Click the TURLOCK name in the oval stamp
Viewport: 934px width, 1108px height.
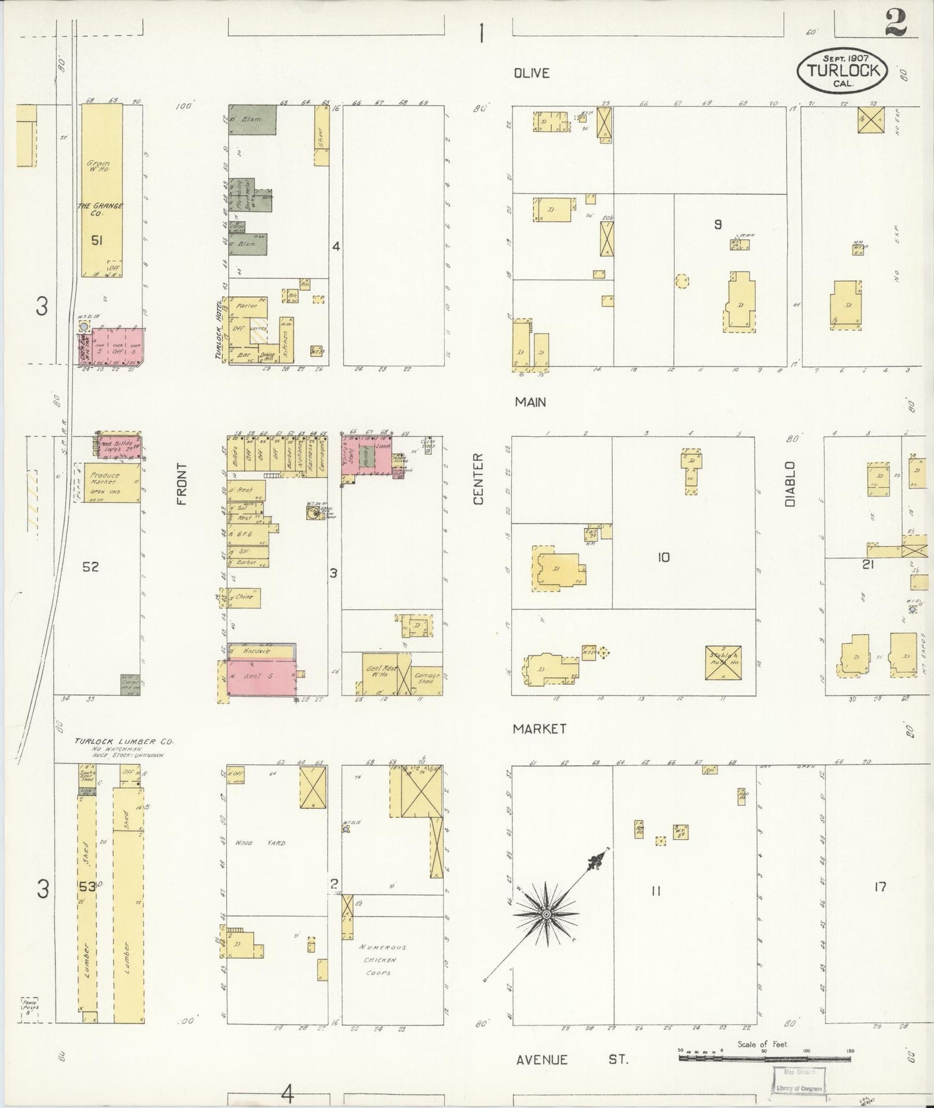[x=842, y=70]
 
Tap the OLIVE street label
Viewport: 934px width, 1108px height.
[x=531, y=73]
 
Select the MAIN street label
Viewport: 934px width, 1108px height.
[x=531, y=402]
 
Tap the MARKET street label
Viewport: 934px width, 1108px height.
[x=539, y=729]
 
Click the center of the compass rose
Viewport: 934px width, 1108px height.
[x=546, y=915]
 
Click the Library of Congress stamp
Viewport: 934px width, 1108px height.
[x=796, y=1080]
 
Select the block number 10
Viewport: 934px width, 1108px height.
[x=664, y=557]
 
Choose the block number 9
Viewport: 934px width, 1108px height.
[x=717, y=225]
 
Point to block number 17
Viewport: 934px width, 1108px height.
[x=879, y=887]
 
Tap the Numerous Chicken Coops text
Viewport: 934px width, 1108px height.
[x=382, y=959]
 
